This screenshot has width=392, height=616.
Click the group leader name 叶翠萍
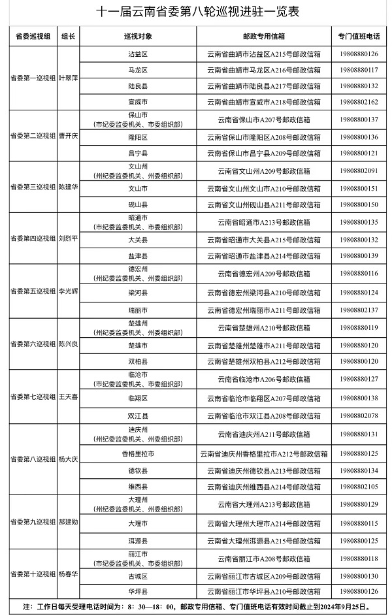tap(69, 78)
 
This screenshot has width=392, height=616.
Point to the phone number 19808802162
tap(359, 103)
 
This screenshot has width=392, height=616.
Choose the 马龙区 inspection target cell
tap(138, 69)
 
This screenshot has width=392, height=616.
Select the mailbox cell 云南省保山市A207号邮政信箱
tap(267, 120)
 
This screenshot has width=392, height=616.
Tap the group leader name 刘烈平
tap(69, 238)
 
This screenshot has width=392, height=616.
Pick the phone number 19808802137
tap(359, 310)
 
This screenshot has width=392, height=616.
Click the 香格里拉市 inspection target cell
tap(138, 453)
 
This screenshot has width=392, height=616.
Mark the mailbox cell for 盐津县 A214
tap(267, 255)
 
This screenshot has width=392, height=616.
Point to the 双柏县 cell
tap(138, 361)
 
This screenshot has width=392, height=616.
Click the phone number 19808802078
tap(359, 415)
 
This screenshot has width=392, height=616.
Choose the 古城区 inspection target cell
tap(138, 576)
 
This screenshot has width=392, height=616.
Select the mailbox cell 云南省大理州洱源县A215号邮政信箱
tap(267, 541)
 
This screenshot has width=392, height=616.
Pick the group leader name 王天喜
tap(69, 397)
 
